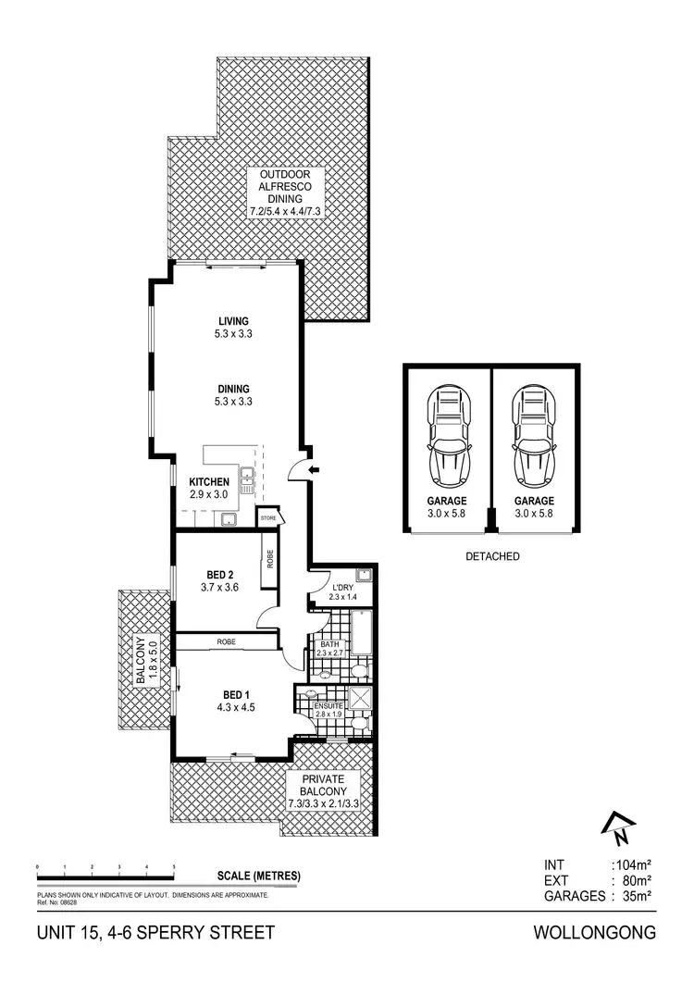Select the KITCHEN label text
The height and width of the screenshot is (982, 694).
209,482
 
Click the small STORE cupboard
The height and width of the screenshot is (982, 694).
268,518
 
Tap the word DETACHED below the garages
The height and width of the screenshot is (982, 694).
491,557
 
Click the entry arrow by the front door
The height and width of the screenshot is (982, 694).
312,471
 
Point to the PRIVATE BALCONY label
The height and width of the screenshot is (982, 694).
317,787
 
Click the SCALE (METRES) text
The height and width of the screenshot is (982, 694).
259,875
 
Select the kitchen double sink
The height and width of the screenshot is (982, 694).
247,478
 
